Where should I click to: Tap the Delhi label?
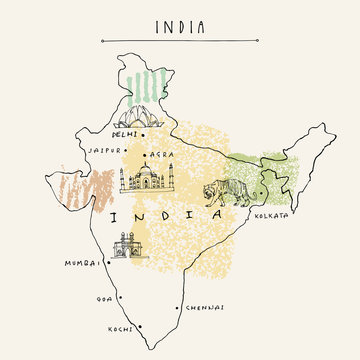[127, 133]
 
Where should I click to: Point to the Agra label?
[163, 156]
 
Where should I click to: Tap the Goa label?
[99, 297]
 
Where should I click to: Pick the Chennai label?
[204, 308]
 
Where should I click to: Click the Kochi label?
[120, 328]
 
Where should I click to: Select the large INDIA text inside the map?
[167, 215]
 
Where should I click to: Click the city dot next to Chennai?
[177, 306]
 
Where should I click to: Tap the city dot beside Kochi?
[141, 327]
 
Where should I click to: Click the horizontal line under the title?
[180, 41]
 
